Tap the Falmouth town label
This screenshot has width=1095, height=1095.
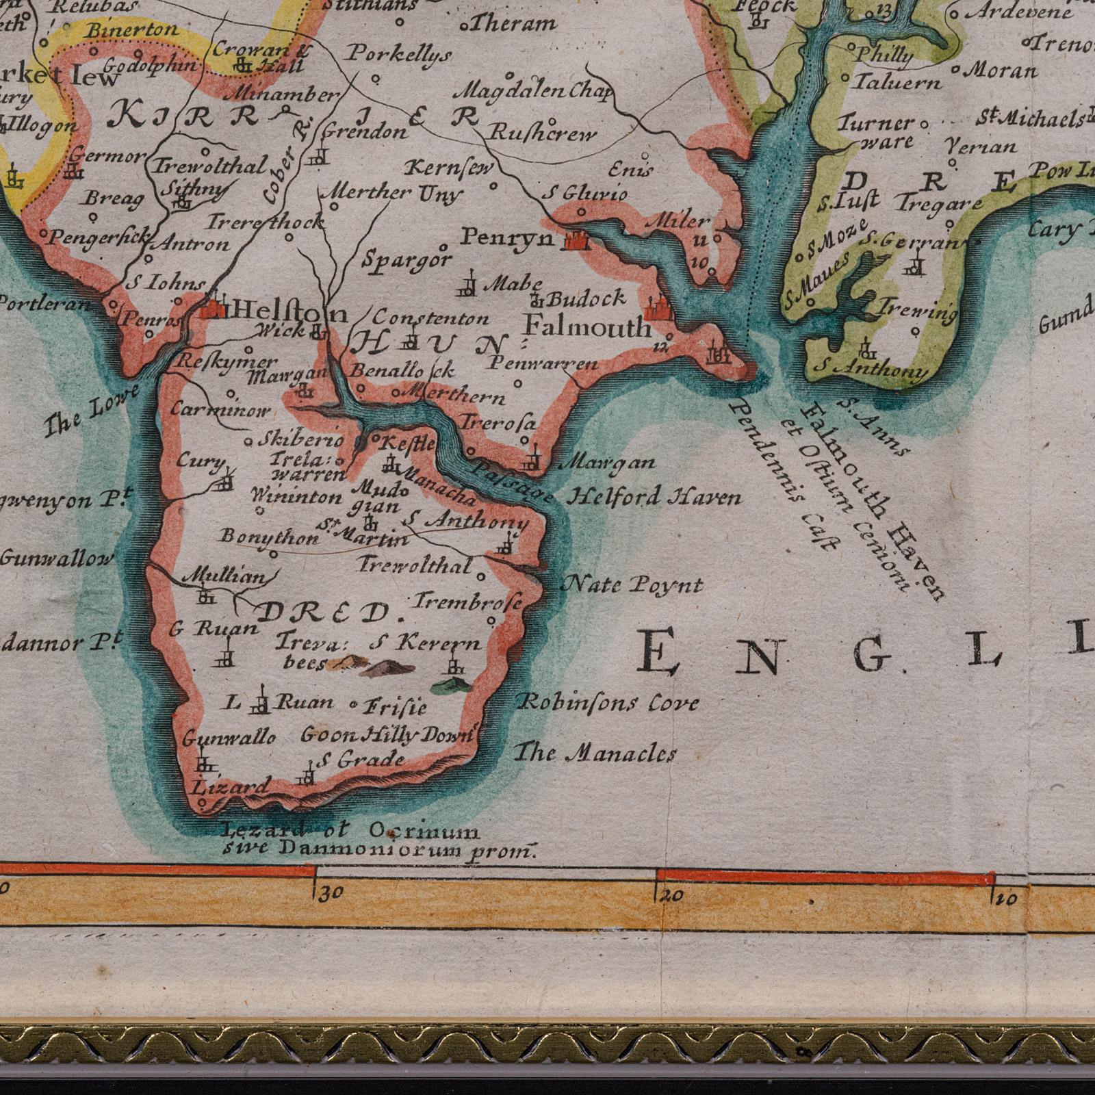588,328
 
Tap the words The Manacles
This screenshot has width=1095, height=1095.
595,753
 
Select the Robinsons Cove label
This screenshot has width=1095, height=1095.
608,702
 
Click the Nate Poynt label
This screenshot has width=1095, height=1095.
632,585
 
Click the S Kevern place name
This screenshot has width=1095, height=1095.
424,643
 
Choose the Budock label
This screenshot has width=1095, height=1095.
587,298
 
